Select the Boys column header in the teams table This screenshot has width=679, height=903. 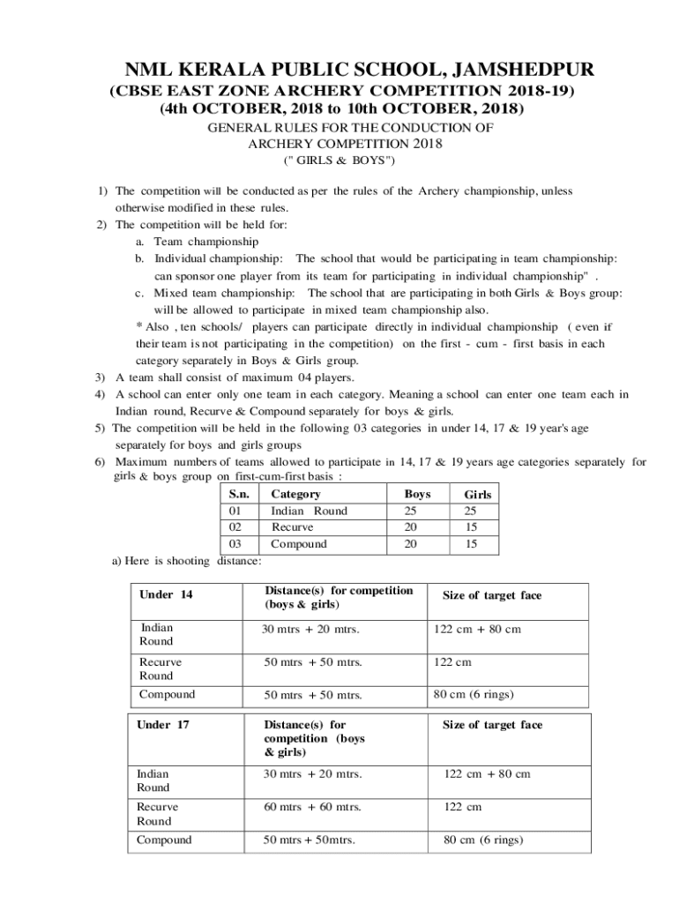(x=416, y=495)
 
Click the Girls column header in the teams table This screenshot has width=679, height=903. (x=477, y=496)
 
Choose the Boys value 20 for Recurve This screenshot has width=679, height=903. (x=411, y=527)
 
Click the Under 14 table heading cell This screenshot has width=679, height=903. (x=165, y=594)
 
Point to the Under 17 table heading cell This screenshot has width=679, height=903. (x=163, y=725)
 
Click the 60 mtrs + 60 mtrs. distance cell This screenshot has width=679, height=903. (x=313, y=807)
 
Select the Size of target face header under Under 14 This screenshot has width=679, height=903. (x=491, y=595)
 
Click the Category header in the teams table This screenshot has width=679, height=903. (x=295, y=495)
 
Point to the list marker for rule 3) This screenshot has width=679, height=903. (x=101, y=377)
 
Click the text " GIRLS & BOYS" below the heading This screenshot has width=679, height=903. (x=339, y=161)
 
